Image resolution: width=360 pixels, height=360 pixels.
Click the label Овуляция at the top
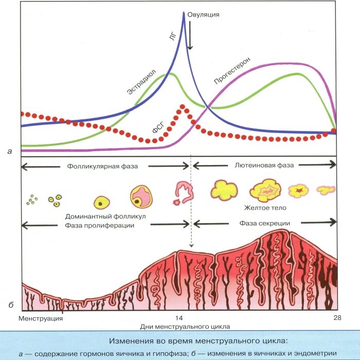tap(204, 14)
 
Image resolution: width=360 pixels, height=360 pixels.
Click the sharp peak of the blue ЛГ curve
tap(184, 12)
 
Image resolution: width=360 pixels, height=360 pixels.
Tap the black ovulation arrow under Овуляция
tap(190, 36)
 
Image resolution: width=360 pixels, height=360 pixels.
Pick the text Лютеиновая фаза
tap(264, 166)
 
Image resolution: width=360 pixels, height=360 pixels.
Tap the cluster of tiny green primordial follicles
tap(32, 200)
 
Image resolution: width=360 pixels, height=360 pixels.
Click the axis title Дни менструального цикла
tap(185, 327)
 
